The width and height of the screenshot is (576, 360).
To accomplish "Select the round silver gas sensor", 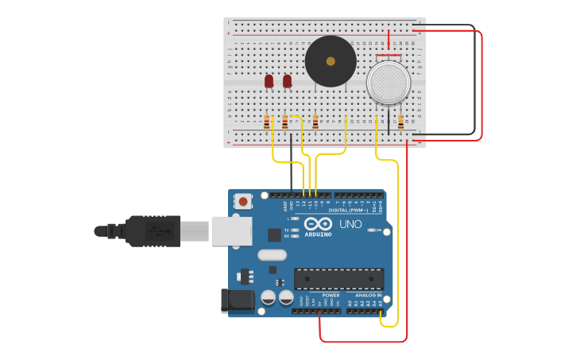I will pos(388,82).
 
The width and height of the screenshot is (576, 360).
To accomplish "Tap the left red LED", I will pos(269,81).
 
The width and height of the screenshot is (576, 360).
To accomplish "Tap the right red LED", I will pos(287,81).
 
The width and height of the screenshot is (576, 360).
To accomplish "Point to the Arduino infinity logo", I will pos(318,225).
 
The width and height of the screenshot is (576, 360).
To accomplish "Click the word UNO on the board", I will pos(350,225).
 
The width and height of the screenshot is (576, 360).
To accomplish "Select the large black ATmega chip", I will pos(338,279).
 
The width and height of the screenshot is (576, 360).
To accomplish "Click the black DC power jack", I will pos(236,300).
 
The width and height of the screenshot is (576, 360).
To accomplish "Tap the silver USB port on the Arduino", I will pos(231,231).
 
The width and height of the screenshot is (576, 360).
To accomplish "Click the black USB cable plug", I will pos(151,231).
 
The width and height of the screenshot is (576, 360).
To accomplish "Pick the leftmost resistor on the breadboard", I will pos(266,122).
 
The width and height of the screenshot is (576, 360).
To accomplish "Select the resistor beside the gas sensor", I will pos(400,122).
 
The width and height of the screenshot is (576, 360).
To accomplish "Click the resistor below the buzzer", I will pos(315,122).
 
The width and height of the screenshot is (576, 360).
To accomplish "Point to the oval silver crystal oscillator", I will pos(272,255).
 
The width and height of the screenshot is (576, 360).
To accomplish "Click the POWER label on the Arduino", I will pos(331,295).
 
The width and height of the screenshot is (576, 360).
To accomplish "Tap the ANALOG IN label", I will pos(368,295).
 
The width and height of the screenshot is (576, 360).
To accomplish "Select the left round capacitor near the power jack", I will pos(269,297).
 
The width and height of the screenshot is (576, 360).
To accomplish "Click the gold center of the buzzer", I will pos(331,61).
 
